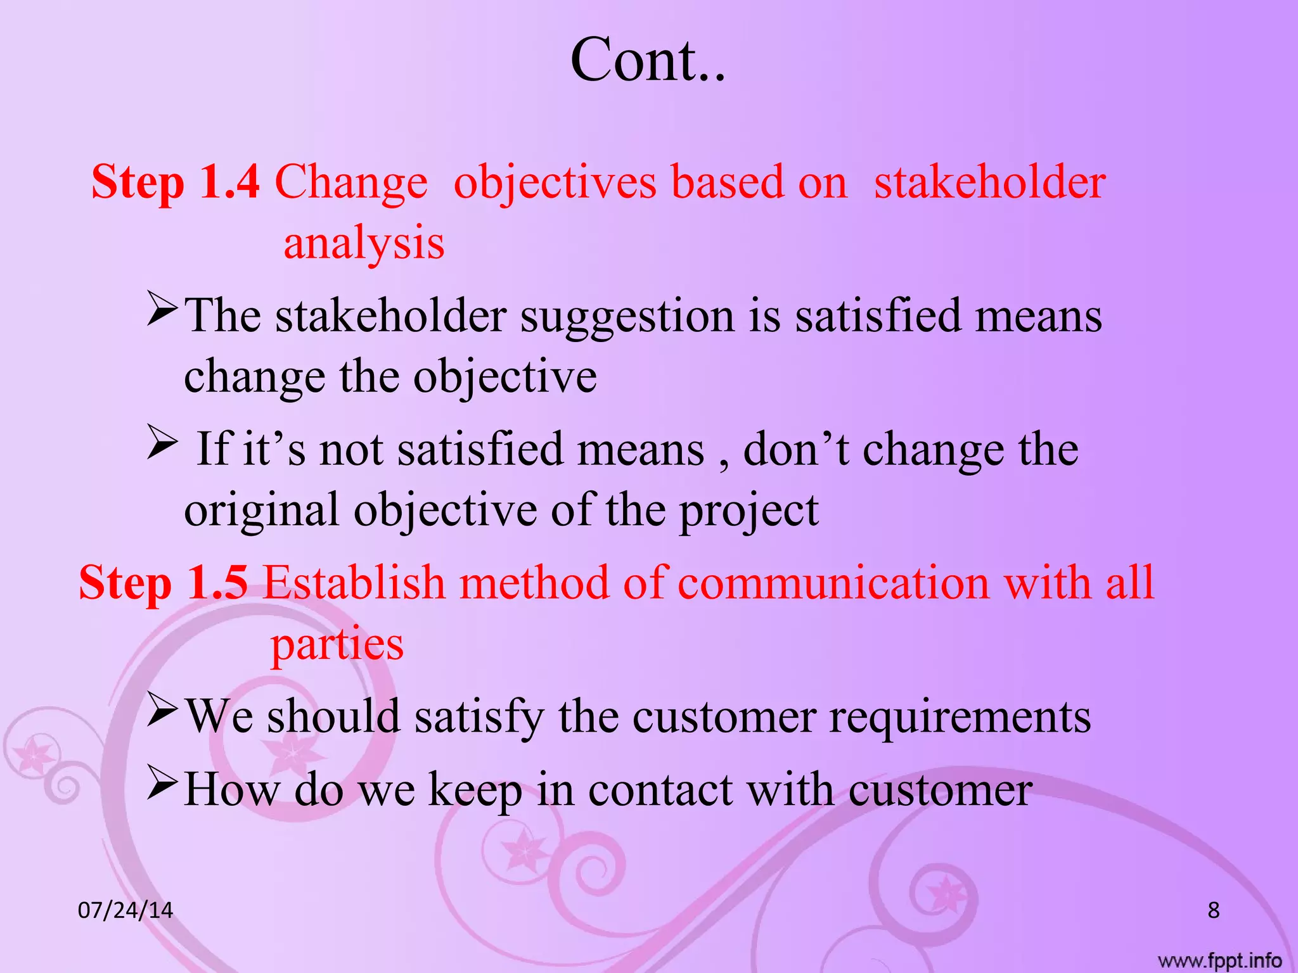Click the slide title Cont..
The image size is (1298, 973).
pos(647,60)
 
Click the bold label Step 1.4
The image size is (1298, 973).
pos(176,182)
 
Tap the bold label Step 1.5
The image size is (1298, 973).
pos(163,583)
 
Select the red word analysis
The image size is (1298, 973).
pos(364,244)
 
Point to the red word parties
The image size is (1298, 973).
pos(337,644)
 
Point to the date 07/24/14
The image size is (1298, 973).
pos(125,910)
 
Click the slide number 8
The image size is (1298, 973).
pos(1213,910)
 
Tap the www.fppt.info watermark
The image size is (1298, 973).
pos(1219,961)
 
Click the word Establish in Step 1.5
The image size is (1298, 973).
pos(354,583)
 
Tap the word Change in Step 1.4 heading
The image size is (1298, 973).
pos(351,182)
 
